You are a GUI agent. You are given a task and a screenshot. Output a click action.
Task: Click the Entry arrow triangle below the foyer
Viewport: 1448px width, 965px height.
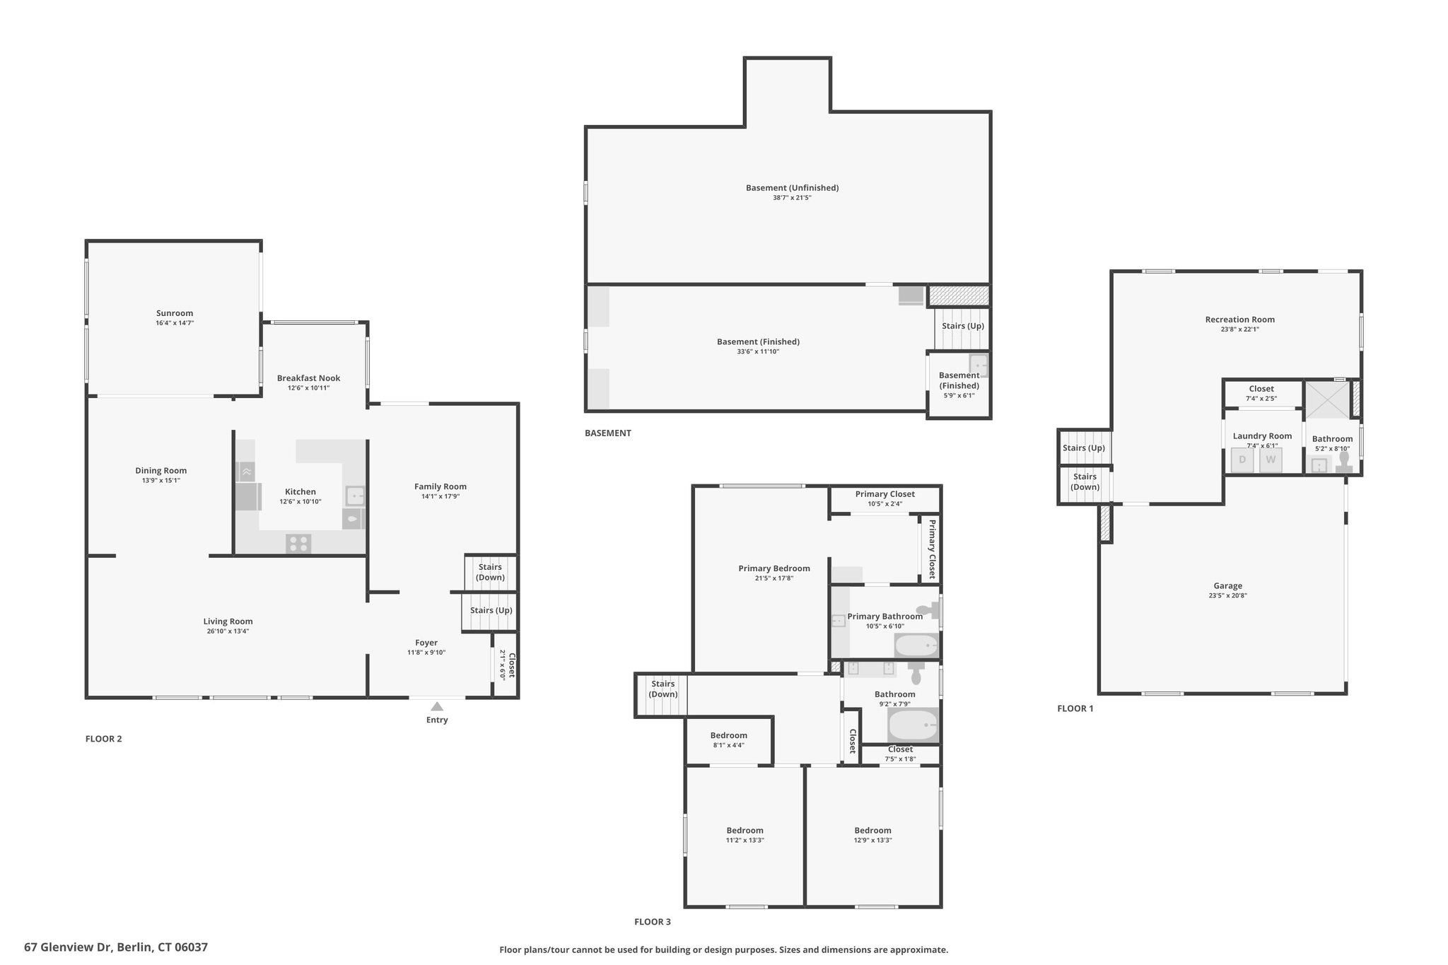click(x=437, y=706)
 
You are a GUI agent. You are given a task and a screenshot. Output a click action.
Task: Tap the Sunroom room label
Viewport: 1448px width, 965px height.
click(x=175, y=313)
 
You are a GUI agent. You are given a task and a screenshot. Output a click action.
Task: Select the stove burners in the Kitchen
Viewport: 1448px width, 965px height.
click(x=298, y=544)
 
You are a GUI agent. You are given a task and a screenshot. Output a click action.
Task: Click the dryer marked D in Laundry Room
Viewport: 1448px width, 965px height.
click(x=1242, y=460)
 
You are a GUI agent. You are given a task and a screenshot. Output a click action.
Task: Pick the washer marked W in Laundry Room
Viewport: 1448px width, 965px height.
click(x=1271, y=460)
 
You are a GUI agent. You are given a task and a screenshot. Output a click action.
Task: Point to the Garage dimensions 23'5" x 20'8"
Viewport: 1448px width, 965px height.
click(x=1228, y=595)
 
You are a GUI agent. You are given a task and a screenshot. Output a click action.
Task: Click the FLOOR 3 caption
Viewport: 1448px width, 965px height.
click(x=653, y=922)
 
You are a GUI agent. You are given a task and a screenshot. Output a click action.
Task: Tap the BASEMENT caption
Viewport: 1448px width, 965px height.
click(x=608, y=433)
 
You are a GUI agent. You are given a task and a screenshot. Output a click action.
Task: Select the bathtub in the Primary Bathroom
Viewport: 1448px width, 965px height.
click(x=916, y=645)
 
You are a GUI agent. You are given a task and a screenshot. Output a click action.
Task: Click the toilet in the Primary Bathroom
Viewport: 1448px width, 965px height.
click(x=927, y=610)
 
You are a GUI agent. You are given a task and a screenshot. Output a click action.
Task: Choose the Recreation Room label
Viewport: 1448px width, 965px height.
click(x=1240, y=320)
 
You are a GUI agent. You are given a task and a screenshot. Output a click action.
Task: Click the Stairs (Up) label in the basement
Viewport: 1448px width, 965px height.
click(x=963, y=326)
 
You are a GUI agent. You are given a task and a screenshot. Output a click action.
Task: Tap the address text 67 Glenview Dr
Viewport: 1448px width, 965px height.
click(x=68, y=947)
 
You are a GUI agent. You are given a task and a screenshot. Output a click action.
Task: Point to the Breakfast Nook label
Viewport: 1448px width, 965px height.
click(x=308, y=378)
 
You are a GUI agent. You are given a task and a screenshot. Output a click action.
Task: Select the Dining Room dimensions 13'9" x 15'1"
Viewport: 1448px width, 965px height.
click(x=161, y=481)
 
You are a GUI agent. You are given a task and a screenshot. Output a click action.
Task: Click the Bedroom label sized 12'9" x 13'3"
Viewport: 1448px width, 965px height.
click(x=872, y=831)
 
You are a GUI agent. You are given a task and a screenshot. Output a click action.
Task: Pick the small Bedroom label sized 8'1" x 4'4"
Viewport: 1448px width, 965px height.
click(x=728, y=736)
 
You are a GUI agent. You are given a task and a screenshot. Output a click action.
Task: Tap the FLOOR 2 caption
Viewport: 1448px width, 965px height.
click(x=104, y=739)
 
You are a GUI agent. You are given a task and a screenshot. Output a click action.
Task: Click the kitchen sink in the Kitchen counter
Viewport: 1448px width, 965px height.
click(x=355, y=496)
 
